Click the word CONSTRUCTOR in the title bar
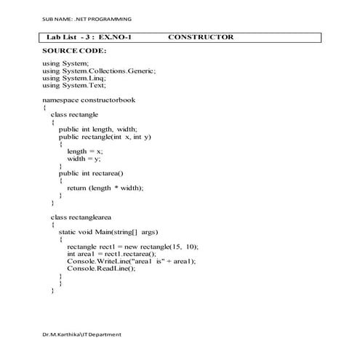pyautogui.click(x=200, y=37)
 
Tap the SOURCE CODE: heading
pyautogui.click(x=74, y=51)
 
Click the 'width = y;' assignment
pyautogui.click(x=84, y=158)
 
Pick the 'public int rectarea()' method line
pyautogui.click(x=92, y=173)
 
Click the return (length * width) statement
pyautogui.click(x=105, y=188)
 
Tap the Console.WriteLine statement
pyautogui.click(x=132, y=260)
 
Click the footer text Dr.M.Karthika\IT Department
pyautogui.click(x=81, y=335)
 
